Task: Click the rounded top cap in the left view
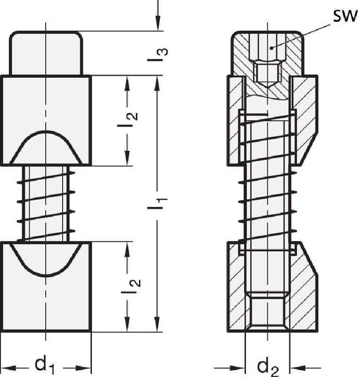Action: point(46,53)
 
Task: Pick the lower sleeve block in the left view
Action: point(46,302)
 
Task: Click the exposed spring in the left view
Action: point(46,203)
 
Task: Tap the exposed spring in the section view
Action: point(267,203)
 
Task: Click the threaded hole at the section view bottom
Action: point(267,311)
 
